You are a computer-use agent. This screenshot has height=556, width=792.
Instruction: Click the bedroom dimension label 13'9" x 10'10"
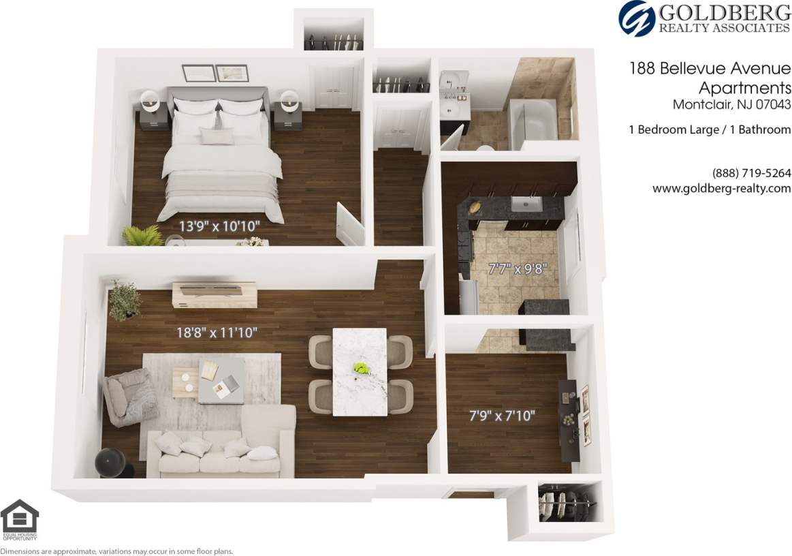click(x=220, y=225)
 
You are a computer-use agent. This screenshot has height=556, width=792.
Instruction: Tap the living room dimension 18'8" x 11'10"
click(x=216, y=333)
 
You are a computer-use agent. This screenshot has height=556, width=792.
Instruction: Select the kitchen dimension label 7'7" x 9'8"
click(x=518, y=268)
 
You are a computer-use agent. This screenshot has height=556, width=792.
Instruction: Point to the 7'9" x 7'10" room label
click(x=501, y=416)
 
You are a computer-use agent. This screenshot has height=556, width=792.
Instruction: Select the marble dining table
click(x=360, y=371)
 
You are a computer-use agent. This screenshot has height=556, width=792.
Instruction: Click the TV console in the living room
click(x=214, y=294)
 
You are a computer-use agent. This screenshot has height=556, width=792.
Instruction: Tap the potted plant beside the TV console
click(x=124, y=300)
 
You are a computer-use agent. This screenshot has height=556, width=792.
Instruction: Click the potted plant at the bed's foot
click(x=142, y=236)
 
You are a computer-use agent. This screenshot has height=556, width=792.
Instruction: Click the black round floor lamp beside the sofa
click(x=111, y=463)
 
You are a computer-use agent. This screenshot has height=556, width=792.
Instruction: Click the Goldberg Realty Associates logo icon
click(x=636, y=18)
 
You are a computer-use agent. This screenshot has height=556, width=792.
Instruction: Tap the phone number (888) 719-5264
click(x=751, y=173)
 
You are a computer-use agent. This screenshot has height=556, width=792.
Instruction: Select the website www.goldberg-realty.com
click(x=721, y=189)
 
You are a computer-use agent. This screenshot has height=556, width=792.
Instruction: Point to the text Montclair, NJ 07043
click(x=731, y=105)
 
